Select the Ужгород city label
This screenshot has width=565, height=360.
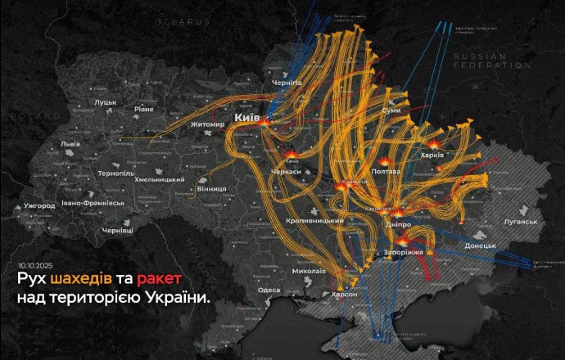tap(38, 205)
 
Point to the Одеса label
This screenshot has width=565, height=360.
tap(269, 290)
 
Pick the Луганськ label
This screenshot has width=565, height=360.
tap(520, 221)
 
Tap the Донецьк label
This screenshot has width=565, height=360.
tap(480, 245)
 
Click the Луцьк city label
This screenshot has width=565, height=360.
tap(106, 102)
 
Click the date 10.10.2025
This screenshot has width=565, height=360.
tap(34, 266)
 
